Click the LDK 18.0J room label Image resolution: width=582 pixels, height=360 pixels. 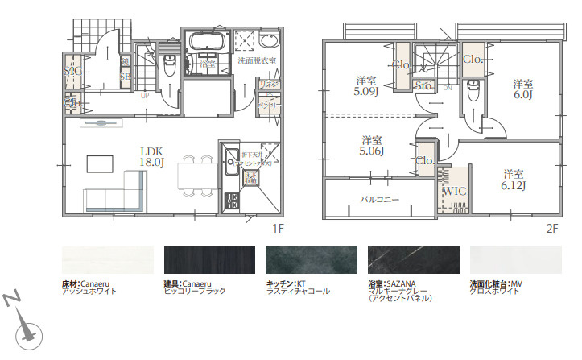click(x=152, y=156)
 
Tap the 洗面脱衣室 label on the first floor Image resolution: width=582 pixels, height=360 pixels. click(x=256, y=60)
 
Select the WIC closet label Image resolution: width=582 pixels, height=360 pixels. click(x=456, y=191)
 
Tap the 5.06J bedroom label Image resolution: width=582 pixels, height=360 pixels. click(x=371, y=144)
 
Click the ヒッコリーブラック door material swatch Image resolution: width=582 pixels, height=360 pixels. click(x=209, y=261)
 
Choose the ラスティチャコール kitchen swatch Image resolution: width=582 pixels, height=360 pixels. click(x=311, y=261)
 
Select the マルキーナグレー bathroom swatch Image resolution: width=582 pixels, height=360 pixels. click(x=413, y=261)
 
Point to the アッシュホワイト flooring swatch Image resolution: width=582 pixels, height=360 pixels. click(x=107, y=261)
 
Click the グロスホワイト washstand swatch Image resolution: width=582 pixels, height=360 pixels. click(x=515, y=261)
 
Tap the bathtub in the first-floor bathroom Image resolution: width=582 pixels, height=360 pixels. click(x=208, y=41)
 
